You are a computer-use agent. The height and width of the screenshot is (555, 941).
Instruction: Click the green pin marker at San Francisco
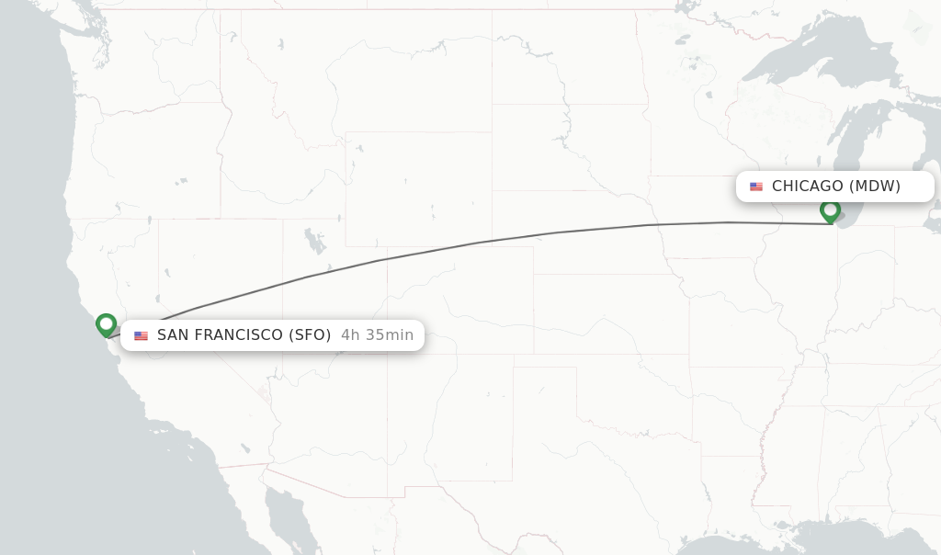(x=106, y=324)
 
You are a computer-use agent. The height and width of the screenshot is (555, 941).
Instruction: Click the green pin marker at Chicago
(x=830, y=210)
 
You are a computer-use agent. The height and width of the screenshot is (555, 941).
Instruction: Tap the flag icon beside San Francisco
(x=141, y=335)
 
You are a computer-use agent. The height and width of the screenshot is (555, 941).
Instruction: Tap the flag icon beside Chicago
(x=756, y=187)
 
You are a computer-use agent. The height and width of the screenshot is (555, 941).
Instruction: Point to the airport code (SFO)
(x=310, y=335)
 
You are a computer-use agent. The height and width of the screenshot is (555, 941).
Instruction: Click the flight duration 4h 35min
(x=377, y=335)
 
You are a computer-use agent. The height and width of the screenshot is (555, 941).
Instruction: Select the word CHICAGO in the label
(x=807, y=187)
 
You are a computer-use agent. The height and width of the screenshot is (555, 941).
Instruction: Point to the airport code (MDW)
(x=874, y=187)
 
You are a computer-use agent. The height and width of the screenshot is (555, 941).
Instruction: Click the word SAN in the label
(x=172, y=335)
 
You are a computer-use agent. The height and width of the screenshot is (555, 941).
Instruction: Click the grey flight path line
(x=478, y=243)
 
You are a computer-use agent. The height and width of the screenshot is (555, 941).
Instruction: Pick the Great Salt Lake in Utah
(x=315, y=242)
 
